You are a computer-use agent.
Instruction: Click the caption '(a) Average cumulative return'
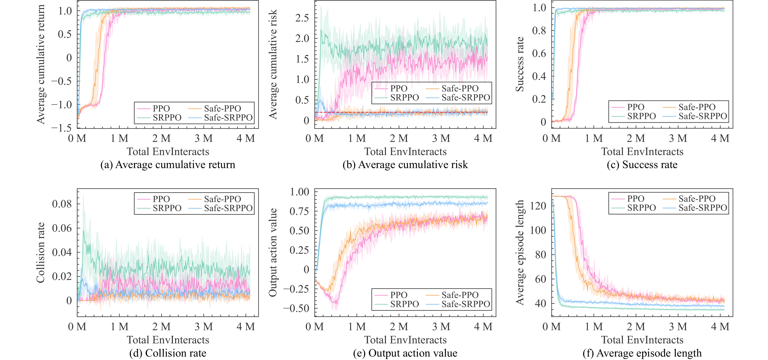coord(168,165)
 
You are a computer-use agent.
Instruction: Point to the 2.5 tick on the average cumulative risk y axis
coord(302,18)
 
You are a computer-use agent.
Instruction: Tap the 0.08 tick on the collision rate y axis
coord(62,204)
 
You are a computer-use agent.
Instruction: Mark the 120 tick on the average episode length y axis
coord(538,206)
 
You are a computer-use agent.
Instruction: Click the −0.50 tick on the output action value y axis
coord(296,308)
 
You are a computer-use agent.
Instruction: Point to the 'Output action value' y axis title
coord(273,252)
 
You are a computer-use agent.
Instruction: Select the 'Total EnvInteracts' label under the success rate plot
coord(642,151)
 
